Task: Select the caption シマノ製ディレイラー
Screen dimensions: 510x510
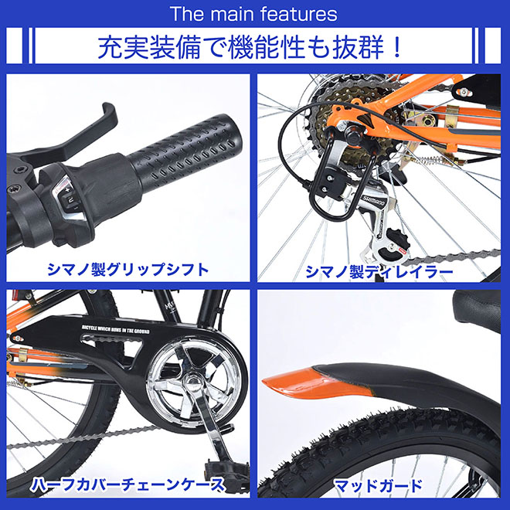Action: click(379, 270)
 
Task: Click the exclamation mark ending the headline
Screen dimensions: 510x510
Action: click(397, 47)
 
